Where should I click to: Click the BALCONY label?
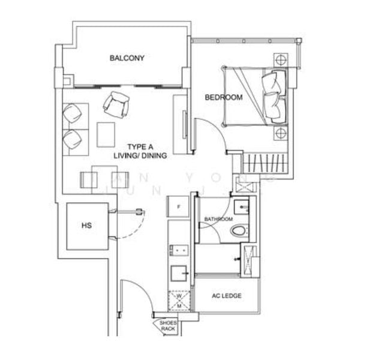pyautogui.click(x=127, y=58)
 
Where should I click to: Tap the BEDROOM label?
pyautogui.click(x=223, y=97)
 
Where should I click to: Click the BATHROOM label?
pyautogui.click(x=218, y=219)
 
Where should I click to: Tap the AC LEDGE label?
pyautogui.click(x=227, y=296)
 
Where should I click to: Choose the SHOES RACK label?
pyautogui.click(x=167, y=326)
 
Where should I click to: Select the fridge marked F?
pyautogui.click(x=179, y=206)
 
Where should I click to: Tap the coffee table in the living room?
pyautogui.click(x=107, y=134)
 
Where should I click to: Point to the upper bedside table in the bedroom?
pyautogui.click(x=279, y=59)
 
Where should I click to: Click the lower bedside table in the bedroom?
pyautogui.click(x=279, y=133)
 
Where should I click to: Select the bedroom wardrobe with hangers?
pyautogui.click(x=263, y=163)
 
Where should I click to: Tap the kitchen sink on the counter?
pyautogui.click(x=179, y=249)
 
